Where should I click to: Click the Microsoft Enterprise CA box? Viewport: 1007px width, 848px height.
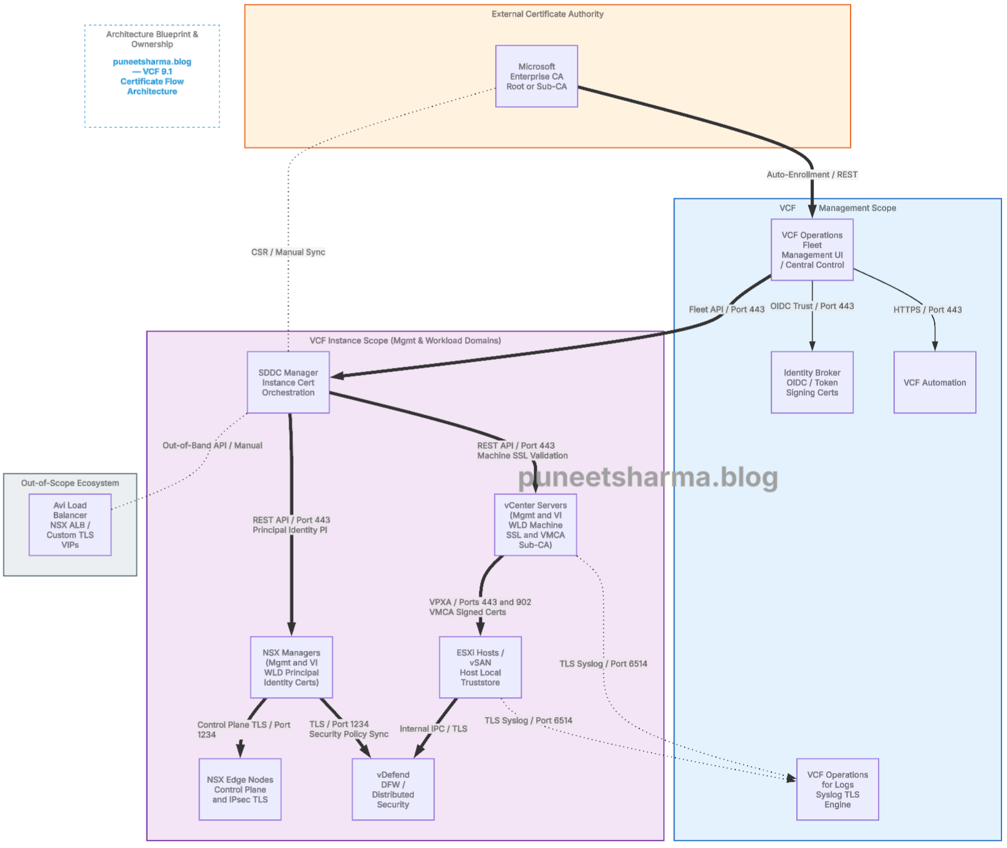[536, 76]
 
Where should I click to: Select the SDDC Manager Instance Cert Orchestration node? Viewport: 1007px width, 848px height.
[288, 382]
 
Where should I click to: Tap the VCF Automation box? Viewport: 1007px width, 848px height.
[935, 382]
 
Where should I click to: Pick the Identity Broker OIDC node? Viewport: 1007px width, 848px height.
[812, 382]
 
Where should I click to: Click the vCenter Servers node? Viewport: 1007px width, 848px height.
[535, 525]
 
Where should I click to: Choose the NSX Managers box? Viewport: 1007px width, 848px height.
[291, 667]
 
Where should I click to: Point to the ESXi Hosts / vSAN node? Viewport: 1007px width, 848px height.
[480, 667]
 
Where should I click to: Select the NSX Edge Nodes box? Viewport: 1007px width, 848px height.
[240, 789]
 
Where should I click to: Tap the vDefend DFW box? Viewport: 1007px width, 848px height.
[393, 789]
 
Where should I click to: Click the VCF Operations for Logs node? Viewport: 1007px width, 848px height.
[837, 789]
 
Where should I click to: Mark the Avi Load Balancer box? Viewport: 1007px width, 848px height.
[70, 525]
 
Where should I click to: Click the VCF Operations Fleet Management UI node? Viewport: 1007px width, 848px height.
[812, 249]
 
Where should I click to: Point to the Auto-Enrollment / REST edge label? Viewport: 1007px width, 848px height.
[812, 175]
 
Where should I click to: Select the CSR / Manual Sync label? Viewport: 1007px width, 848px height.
[288, 252]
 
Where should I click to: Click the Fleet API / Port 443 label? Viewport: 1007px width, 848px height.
[726, 309]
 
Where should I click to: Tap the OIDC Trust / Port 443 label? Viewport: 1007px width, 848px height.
[812, 306]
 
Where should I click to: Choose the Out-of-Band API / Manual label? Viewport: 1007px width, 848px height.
[212, 445]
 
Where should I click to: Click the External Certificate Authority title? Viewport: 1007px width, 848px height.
[547, 14]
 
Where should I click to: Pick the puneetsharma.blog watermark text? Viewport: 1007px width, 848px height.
[648, 477]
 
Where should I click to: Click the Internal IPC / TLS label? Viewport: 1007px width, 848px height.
[433, 728]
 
